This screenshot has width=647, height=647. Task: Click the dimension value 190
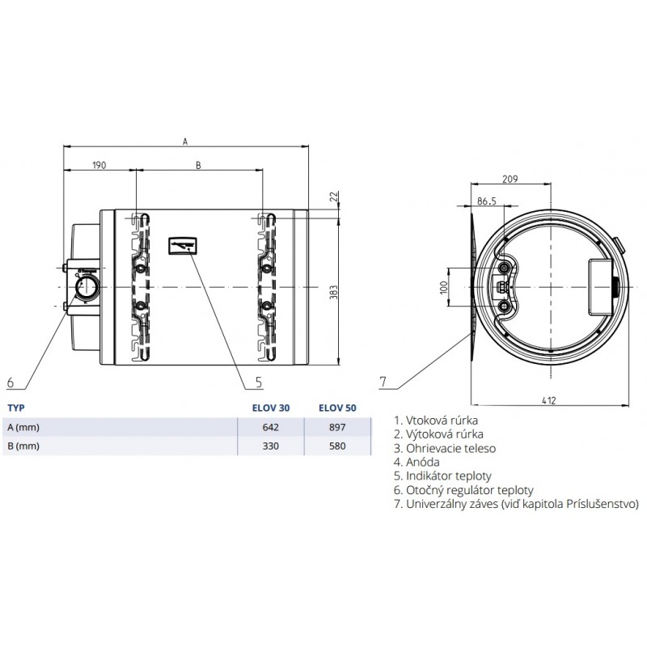[x=99, y=166]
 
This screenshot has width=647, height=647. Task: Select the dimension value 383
[x=334, y=292]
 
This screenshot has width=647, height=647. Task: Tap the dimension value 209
[x=510, y=179]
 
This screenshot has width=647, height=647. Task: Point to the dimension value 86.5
[x=487, y=201]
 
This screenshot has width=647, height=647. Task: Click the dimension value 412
[x=549, y=400]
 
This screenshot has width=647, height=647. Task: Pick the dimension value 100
[x=444, y=287]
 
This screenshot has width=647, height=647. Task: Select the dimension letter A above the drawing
[x=185, y=142]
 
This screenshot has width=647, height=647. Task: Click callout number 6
[x=11, y=383]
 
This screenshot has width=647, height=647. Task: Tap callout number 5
[x=259, y=382]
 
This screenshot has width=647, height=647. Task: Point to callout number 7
[x=383, y=382]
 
